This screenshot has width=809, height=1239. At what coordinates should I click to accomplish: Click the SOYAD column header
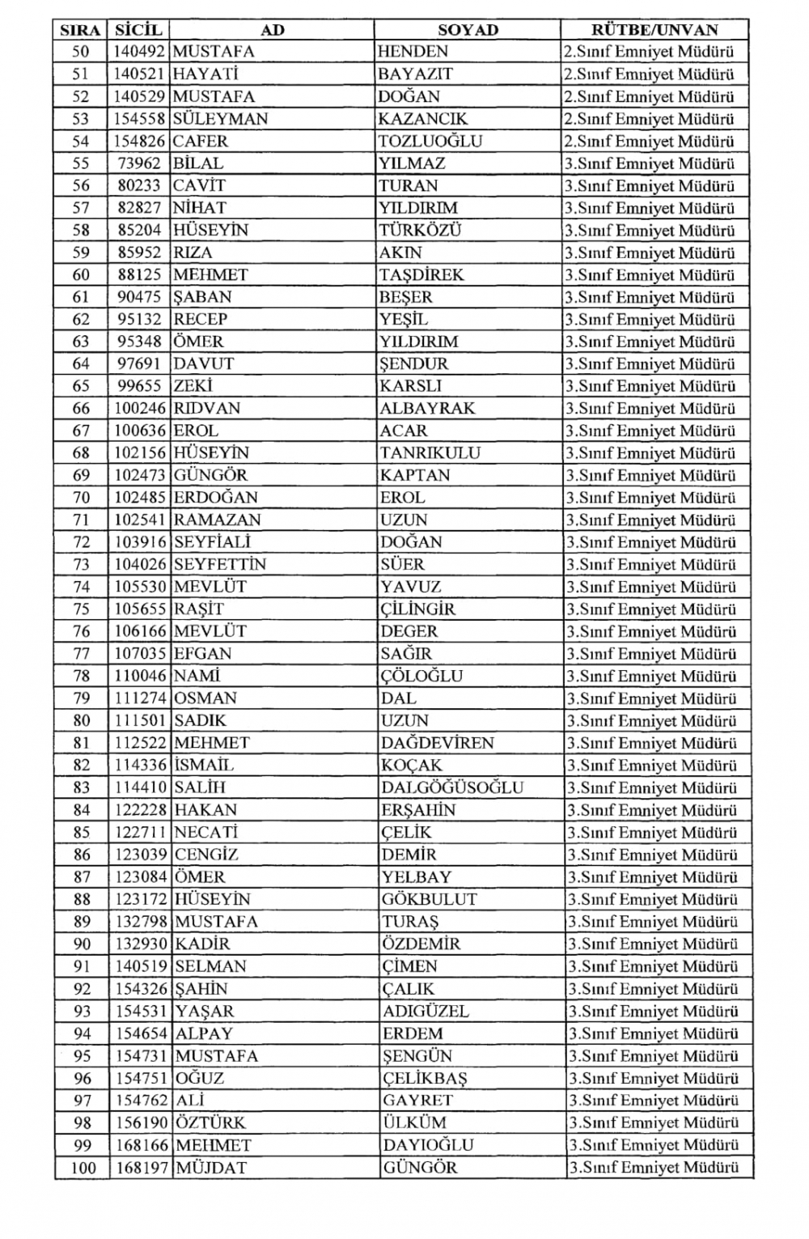coord(468,30)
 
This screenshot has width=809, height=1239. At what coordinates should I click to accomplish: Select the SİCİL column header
coord(138,30)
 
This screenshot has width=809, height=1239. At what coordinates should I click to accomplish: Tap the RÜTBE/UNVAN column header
coord(654,30)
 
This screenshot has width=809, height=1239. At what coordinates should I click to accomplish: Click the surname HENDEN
coord(413,52)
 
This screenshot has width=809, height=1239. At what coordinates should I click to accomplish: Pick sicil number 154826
coord(140,141)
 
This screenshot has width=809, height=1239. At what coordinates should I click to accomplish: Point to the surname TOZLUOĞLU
coord(430,141)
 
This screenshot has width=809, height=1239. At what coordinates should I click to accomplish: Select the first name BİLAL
coord(198,163)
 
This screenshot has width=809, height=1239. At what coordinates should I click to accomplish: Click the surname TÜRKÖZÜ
coord(420,231)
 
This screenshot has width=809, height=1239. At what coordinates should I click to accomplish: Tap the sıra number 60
coord(81,275)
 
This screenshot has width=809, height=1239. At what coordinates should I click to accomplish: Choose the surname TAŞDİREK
coord(421,275)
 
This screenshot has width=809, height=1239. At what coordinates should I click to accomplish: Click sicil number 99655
coord(140,387)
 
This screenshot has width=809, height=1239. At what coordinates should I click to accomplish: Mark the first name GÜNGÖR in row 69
coord(210,476)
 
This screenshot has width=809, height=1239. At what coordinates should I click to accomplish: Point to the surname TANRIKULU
coord(430,453)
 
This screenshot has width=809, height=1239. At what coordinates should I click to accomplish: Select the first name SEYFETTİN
coord(220,565)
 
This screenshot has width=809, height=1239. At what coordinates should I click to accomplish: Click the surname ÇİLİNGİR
coord(417,609)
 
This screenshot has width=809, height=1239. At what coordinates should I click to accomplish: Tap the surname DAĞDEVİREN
coord(437,743)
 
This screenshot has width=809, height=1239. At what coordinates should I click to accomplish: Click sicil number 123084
coord(140,877)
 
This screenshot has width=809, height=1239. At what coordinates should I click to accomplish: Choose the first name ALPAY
coord(204,1033)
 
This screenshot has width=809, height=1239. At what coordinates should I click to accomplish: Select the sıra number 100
coord(83,1168)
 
